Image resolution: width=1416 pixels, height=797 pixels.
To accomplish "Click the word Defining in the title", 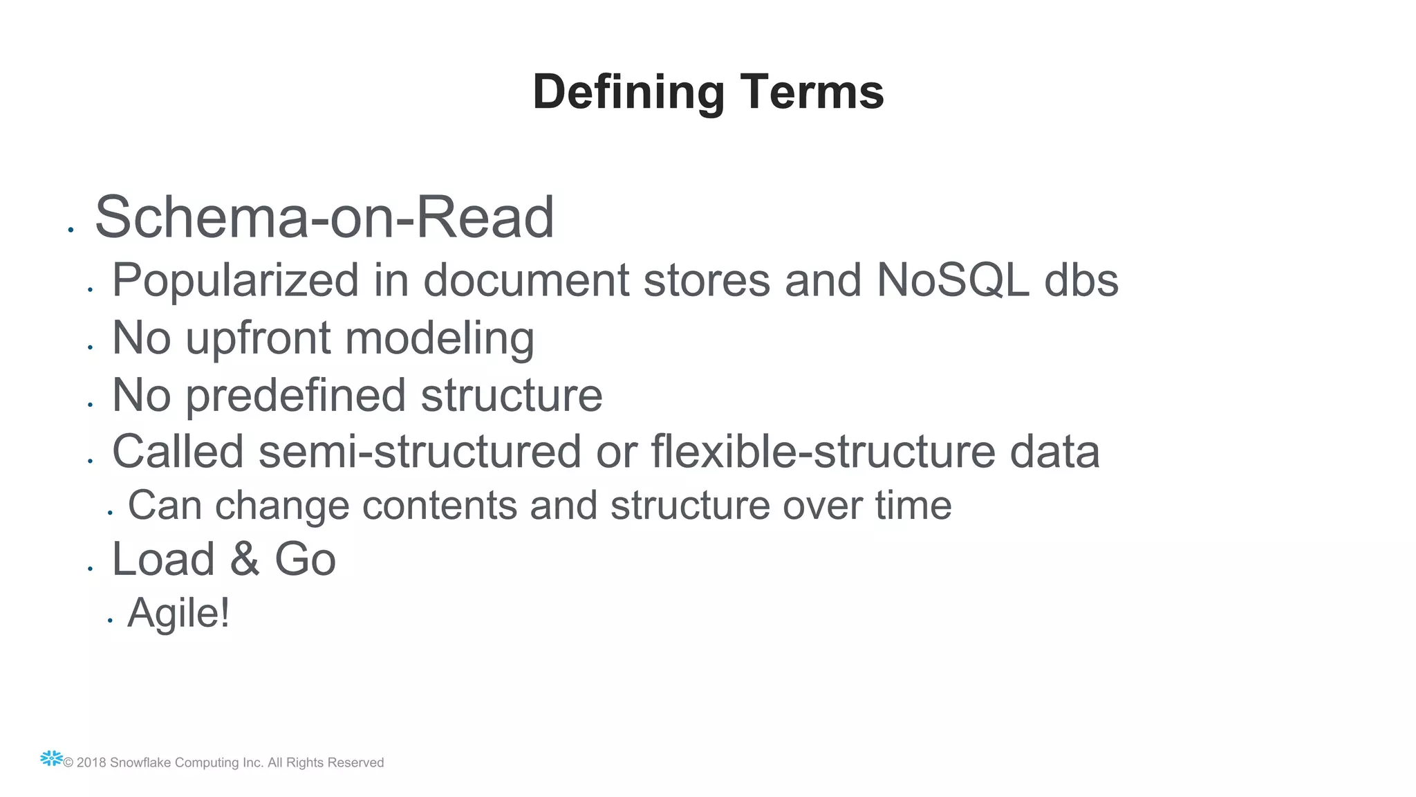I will (x=628, y=92).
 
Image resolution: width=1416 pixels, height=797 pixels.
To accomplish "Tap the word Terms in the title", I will (x=812, y=92).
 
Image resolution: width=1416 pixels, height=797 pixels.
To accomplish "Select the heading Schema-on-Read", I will (x=324, y=217).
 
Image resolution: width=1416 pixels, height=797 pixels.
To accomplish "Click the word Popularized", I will (x=235, y=281).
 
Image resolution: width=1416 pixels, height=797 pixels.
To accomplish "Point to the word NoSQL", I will (x=952, y=281).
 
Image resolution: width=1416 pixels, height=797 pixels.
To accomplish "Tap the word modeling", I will (x=439, y=339).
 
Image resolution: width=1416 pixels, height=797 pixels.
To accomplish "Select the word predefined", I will (x=295, y=396).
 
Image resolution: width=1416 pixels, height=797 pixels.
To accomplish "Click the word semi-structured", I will (x=419, y=452).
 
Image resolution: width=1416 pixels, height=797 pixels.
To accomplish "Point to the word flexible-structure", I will (x=822, y=452).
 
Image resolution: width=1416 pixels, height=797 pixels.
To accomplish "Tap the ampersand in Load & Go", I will (x=245, y=559).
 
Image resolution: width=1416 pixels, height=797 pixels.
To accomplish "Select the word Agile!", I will (x=178, y=613).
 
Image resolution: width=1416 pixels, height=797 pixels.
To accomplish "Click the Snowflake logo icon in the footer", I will (x=51, y=759).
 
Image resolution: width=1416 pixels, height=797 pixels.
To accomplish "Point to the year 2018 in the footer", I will (x=91, y=763).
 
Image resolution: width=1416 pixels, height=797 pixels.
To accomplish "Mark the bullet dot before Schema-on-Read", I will (x=71, y=230).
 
